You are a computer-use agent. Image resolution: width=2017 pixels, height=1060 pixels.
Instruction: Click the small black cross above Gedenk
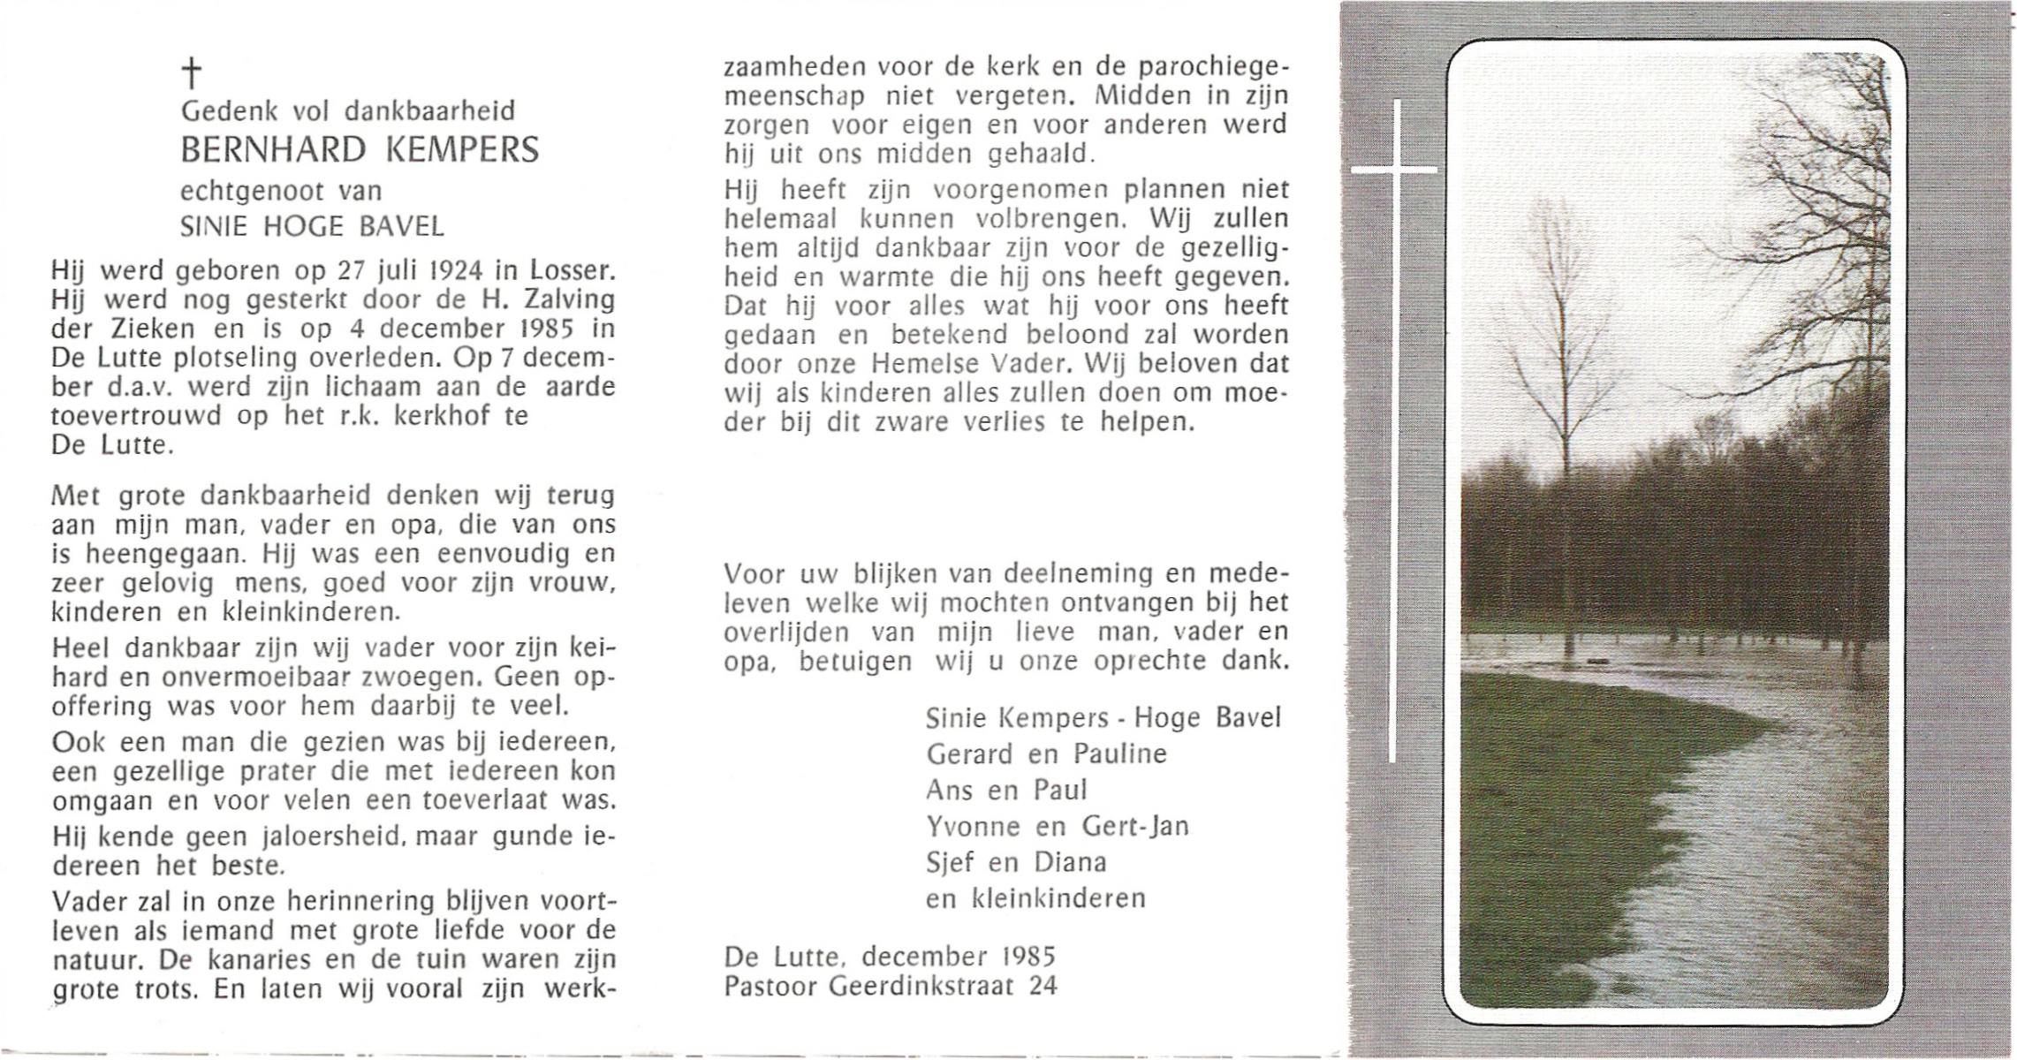click(191, 73)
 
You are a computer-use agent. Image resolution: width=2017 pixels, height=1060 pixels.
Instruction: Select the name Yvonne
click(968, 826)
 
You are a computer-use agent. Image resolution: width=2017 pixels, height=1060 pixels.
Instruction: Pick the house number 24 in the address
click(1043, 985)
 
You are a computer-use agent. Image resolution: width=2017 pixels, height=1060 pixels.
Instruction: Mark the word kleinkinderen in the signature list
click(1058, 898)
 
